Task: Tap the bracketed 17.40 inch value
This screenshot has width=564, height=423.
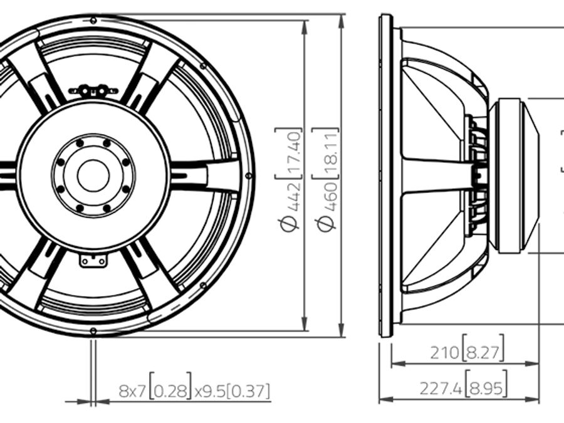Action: (289, 153)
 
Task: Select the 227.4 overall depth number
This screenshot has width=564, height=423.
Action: (441, 389)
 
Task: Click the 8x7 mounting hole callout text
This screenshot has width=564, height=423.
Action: (132, 391)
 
